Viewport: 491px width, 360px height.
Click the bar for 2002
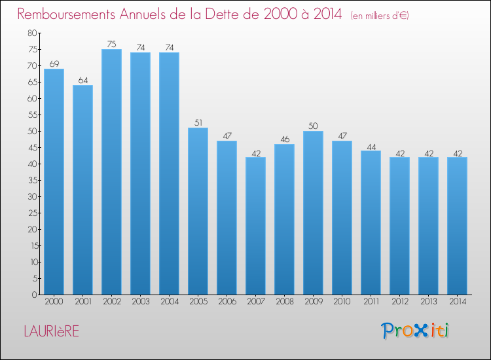coord(111,172)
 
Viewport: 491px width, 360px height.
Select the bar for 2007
coord(255,226)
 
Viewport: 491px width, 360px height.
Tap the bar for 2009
coord(313,213)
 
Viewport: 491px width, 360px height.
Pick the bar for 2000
coord(54,181)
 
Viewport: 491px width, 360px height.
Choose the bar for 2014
coord(457,226)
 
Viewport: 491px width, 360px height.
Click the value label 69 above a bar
coord(54,64)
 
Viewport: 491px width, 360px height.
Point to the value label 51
coord(198,122)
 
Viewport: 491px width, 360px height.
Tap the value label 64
coord(83,81)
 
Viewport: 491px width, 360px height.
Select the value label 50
coord(313,126)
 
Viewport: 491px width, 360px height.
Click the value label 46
coord(285,139)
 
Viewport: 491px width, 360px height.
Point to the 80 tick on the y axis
coord(32,33)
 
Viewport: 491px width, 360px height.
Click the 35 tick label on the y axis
coord(32,180)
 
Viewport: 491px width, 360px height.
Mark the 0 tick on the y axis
coord(35,295)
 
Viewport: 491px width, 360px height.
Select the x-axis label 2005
coord(198,302)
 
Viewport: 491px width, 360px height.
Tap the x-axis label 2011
coord(371,302)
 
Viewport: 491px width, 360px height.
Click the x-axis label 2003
coord(141,302)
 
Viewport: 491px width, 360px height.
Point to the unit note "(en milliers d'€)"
coord(380,15)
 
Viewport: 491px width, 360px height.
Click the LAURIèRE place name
coord(52,331)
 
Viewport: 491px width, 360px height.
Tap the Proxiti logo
coord(415,331)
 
